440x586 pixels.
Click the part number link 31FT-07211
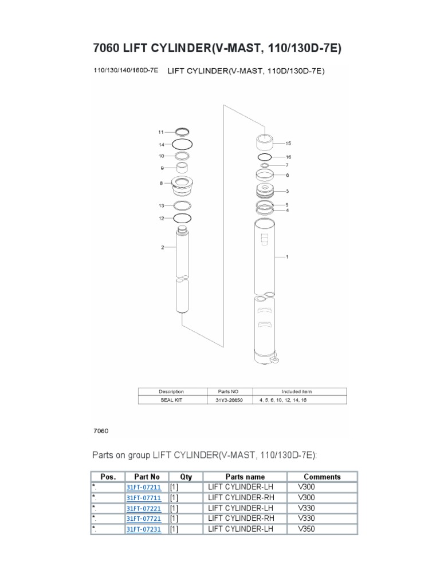(143, 487)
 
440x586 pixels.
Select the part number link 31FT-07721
(143, 519)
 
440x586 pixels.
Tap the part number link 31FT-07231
(143, 529)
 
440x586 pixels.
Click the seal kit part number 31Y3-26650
(229, 400)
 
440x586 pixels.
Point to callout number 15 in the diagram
(288, 143)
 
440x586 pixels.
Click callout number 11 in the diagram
(161, 132)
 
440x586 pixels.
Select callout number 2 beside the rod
(163, 247)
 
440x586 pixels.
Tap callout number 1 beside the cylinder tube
(286, 257)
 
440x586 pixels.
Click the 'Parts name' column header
(245, 477)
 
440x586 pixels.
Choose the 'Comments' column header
(322, 477)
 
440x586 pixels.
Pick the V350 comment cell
(307, 529)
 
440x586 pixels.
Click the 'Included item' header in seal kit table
(296, 391)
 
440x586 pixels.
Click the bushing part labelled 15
(265, 141)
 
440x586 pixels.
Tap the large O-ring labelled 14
(182, 144)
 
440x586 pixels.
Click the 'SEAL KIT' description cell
(171, 400)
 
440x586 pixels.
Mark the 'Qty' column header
(186, 477)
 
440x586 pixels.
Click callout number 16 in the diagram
(288, 156)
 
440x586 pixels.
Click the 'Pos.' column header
(108, 477)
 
